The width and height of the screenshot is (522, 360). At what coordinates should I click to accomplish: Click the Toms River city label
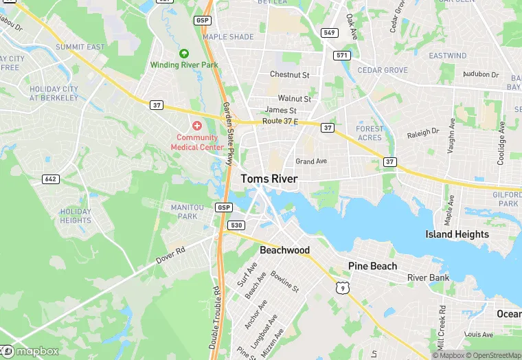coord(269,179)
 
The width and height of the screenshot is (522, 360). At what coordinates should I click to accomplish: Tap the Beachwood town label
coord(284,250)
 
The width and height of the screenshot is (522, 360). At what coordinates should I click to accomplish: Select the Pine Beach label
coord(373,266)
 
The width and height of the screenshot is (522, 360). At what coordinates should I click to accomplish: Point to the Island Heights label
coord(457,234)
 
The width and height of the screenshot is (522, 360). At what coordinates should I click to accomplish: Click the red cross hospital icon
coord(197,125)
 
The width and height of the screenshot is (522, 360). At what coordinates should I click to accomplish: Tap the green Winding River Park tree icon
coord(183,54)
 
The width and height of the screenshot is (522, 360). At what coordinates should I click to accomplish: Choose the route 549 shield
coord(330,32)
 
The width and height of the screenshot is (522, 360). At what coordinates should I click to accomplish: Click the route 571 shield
coord(341,54)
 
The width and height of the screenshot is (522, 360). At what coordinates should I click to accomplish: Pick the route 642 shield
coord(49,179)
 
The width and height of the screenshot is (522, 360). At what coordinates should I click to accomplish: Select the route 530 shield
coord(236,225)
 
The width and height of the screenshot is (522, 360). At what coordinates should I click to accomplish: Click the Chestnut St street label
coord(290,74)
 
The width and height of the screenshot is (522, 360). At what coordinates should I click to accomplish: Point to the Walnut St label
coord(294,99)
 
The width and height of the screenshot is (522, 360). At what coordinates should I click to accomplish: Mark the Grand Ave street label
coord(311,161)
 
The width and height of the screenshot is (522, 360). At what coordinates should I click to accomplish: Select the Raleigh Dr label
coord(422,132)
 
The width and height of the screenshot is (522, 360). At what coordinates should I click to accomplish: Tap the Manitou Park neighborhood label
coord(183,212)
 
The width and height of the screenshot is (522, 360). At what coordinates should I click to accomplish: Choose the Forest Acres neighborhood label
coord(370,133)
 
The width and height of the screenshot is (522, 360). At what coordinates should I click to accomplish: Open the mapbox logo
coord(30,351)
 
